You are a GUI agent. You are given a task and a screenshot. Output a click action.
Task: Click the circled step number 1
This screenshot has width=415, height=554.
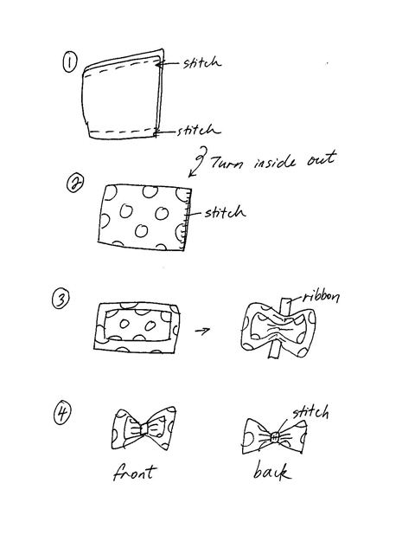point(69,61)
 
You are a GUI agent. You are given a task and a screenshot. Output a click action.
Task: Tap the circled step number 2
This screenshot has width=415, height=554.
point(75,184)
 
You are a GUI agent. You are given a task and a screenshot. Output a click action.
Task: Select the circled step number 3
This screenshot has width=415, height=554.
point(61,300)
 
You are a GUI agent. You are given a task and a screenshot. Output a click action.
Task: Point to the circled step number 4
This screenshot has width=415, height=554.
point(62,414)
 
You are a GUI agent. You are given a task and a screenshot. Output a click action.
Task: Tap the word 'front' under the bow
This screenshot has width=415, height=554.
point(134,472)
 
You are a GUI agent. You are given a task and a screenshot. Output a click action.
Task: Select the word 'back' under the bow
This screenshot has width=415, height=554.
point(272,470)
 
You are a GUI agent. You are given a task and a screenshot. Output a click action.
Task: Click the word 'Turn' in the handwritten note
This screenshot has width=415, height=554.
point(227,162)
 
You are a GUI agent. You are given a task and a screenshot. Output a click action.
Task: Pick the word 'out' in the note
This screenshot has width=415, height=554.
point(321,159)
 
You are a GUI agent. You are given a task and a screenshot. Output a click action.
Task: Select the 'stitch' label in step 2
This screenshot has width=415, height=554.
point(225,212)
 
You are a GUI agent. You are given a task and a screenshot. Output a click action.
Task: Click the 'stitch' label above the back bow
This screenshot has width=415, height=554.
point(310,412)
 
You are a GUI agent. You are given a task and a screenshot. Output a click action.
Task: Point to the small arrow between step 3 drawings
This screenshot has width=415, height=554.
point(202,331)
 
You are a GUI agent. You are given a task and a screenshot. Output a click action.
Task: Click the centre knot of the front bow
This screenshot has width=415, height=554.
point(144,428)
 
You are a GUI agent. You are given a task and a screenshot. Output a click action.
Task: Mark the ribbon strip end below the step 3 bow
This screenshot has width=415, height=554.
point(273,353)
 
